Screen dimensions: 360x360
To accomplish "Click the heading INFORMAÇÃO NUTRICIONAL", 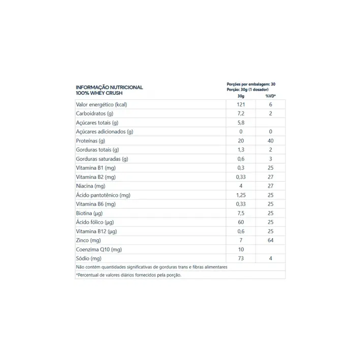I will coord(109,87).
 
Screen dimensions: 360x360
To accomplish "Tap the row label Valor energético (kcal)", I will coord(101,104).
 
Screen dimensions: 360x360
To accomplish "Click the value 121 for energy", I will coord(240,104).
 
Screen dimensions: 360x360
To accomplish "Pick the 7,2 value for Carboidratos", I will coord(240,114).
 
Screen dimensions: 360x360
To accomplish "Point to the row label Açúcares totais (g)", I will coord(97,123).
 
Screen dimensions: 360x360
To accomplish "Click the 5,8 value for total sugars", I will coord(240,123).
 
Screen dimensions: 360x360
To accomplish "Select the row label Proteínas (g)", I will coord(90,141).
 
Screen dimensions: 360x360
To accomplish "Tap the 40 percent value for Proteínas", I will coord(270,141).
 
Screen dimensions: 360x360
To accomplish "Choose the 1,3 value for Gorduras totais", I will coord(240,150).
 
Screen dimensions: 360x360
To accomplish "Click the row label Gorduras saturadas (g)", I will coord(102,159).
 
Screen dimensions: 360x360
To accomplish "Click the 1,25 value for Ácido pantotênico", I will coord(240,195).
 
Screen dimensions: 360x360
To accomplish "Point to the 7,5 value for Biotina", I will coord(240,213).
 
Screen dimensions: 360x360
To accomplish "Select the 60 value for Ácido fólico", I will coord(240,222).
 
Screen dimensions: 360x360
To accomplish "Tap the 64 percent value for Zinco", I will coord(270,240).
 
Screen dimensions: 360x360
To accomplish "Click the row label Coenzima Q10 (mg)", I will coord(99,249).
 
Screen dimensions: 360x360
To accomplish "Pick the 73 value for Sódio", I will coord(240,259).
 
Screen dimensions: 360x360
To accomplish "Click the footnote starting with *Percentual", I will coord(128,275).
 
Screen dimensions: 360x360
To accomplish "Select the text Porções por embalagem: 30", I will coord(250,84).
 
